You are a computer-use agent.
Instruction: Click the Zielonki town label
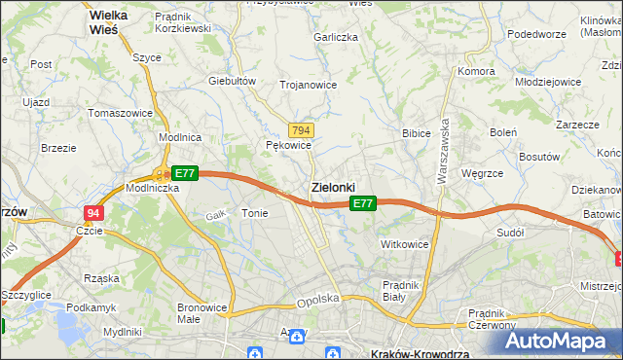coord(333,187)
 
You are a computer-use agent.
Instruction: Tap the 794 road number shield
coord(301,130)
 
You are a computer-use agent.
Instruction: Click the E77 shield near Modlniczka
coord(185,173)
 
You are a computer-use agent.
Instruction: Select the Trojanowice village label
coord(308,85)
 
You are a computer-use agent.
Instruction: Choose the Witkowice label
coord(404,244)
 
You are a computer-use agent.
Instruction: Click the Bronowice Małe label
coord(202,313)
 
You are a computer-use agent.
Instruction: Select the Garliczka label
coord(336,37)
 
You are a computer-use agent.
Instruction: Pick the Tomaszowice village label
coord(120,113)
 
